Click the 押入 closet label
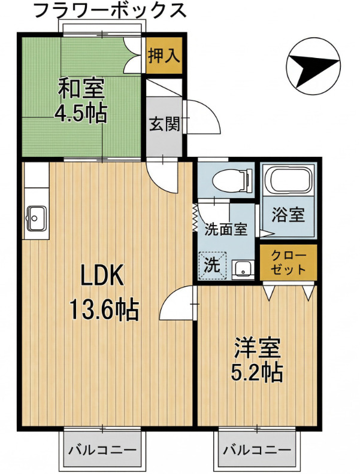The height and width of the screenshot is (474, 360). [164, 55]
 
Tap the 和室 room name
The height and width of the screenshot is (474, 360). [81, 88]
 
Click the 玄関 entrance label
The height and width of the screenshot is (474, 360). [165, 123]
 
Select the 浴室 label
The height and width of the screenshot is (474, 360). [288, 215]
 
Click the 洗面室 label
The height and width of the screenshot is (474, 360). [226, 229]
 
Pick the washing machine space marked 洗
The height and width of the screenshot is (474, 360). [212, 265]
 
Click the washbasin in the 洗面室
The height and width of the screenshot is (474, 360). [243, 269]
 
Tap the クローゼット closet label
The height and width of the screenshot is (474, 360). [288, 262]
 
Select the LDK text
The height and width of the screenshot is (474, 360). [102, 275]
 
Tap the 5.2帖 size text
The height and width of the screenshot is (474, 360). [257, 372]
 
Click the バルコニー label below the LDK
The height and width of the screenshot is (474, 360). [102, 450]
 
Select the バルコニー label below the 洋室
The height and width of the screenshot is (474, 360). [257, 450]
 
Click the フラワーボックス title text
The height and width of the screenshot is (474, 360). [110, 10]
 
